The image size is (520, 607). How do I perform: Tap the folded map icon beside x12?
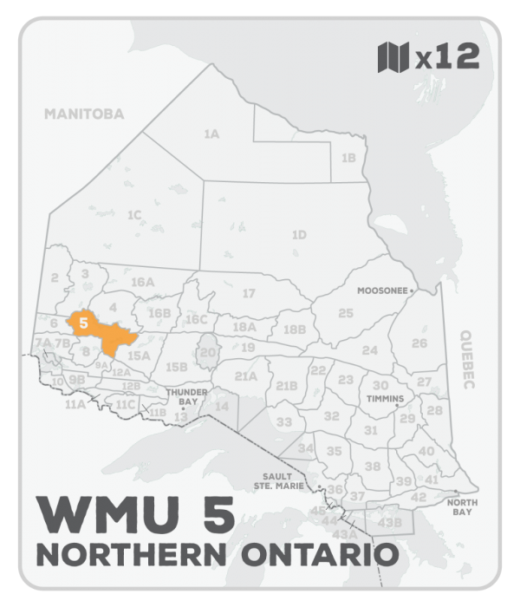[x=395, y=57]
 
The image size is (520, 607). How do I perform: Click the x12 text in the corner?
[x=445, y=57]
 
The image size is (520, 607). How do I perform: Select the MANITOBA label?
[x=85, y=114]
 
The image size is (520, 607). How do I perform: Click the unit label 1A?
[x=211, y=134]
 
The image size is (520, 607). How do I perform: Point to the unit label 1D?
[x=299, y=235]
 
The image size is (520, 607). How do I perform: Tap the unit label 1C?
[x=134, y=214]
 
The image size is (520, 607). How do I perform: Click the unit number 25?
[x=346, y=312]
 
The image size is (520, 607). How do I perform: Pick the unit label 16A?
[x=142, y=282]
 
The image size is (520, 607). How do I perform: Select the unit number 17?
[x=249, y=294]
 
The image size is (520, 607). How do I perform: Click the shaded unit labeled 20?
[x=207, y=353]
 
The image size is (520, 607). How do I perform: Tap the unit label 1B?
[x=348, y=158]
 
